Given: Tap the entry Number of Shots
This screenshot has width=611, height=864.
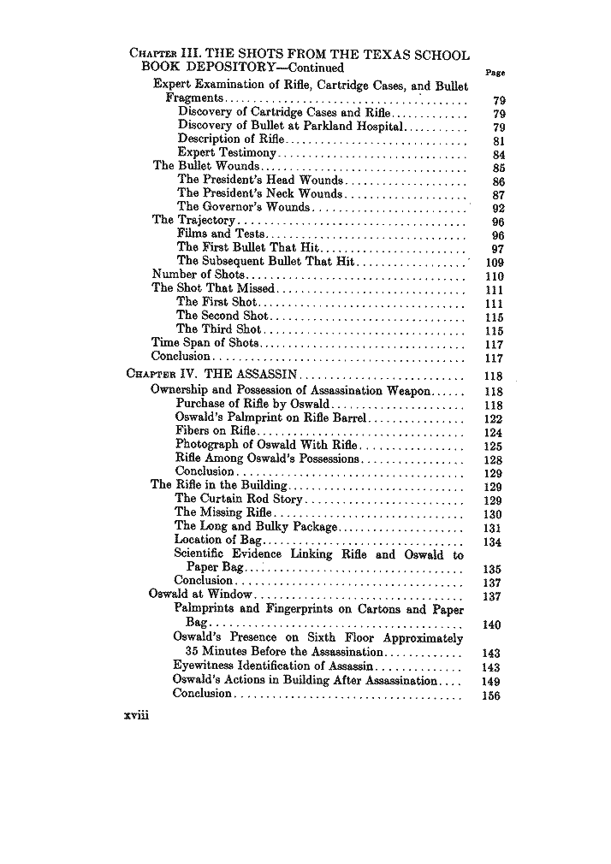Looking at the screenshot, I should (x=198, y=275).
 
